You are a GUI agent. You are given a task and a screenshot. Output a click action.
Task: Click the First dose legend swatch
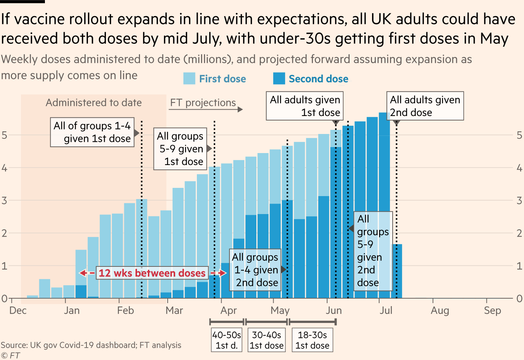click(x=189, y=79)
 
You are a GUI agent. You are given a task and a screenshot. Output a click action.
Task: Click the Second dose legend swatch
click(x=279, y=79)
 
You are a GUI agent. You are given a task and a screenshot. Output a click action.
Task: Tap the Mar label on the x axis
click(x=174, y=310)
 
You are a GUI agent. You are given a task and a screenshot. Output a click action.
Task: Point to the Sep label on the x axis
click(x=492, y=310)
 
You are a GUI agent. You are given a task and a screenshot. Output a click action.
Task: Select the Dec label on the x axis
click(x=18, y=310)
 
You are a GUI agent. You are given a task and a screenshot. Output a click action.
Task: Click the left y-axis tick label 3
click(x=4, y=201)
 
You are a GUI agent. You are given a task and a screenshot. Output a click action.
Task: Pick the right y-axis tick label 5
click(x=519, y=135)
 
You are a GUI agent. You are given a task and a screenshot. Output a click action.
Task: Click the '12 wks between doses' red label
click(x=152, y=273)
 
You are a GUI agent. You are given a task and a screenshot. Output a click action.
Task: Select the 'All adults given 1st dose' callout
click(x=305, y=106)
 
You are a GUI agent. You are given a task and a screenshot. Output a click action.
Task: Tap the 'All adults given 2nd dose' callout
click(x=425, y=106)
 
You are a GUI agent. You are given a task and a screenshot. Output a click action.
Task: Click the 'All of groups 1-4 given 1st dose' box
click(x=92, y=132)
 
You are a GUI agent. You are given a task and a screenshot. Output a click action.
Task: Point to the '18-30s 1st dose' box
click(x=312, y=340)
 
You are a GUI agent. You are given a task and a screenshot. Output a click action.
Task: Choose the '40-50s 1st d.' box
click(x=227, y=340)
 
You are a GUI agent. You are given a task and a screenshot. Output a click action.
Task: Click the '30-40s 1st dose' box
click(x=266, y=340)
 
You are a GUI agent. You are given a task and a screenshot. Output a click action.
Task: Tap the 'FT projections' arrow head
click(x=240, y=109)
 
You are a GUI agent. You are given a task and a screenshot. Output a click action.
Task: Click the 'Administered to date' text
click(x=94, y=103)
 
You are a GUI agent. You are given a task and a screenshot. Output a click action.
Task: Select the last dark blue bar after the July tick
click(x=397, y=271)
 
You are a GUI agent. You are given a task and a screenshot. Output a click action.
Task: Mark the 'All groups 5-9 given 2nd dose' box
click(x=373, y=251)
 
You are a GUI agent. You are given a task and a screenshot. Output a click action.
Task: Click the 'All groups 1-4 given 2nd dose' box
click(x=255, y=270)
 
